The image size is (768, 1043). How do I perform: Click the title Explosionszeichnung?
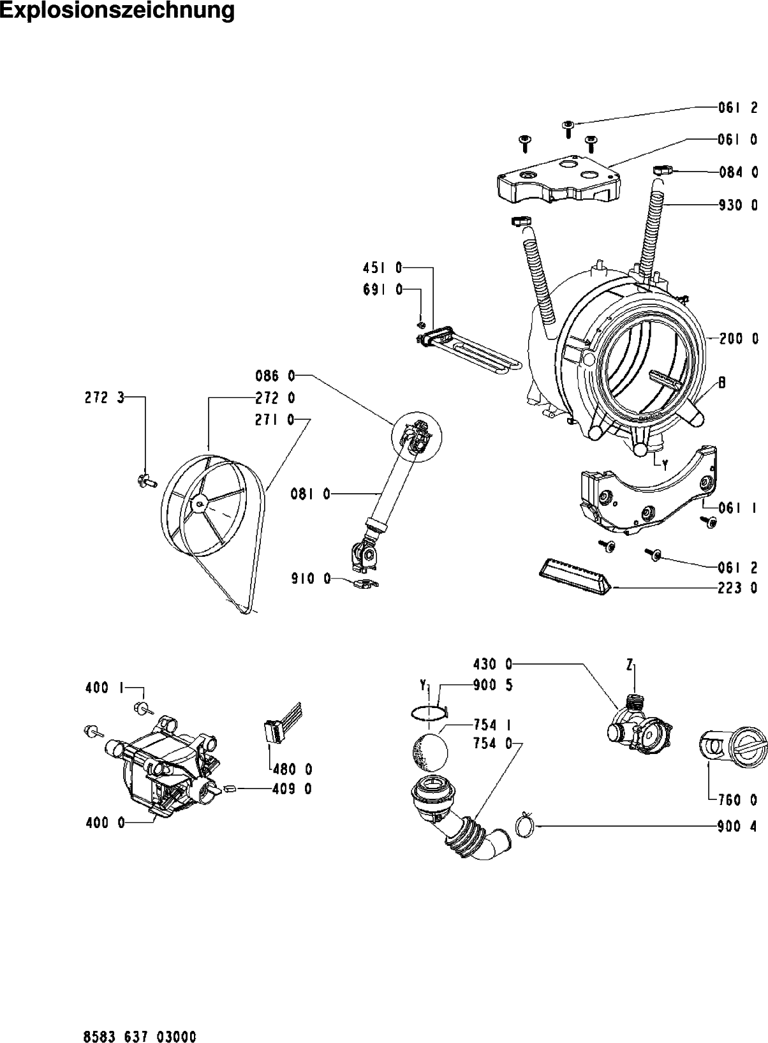tap(117, 11)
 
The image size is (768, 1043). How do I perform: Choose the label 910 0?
tap(312, 579)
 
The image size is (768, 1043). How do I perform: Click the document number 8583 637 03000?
tap(140, 1018)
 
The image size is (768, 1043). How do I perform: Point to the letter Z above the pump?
tap(630, 666)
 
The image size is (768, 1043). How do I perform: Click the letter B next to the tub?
tap(723, 383)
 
